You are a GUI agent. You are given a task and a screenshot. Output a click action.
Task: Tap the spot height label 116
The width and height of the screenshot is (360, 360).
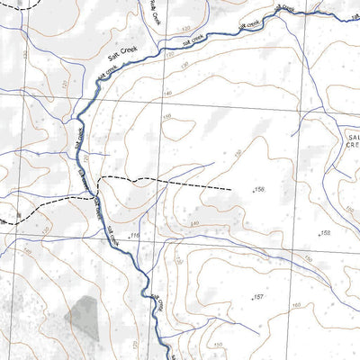click(135, 235)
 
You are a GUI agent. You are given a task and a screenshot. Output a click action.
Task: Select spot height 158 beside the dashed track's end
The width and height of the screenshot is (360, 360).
click(260, 189)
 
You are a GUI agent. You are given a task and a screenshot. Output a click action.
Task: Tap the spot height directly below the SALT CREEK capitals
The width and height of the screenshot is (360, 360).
click(325, 233)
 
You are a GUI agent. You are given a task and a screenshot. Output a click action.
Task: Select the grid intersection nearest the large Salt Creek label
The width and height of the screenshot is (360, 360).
click(164, 103)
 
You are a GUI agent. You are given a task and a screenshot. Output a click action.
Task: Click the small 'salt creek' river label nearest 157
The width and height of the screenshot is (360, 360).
click(158, 304)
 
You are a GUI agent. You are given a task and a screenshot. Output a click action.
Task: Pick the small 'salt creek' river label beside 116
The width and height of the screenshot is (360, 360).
click(114, 236)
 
